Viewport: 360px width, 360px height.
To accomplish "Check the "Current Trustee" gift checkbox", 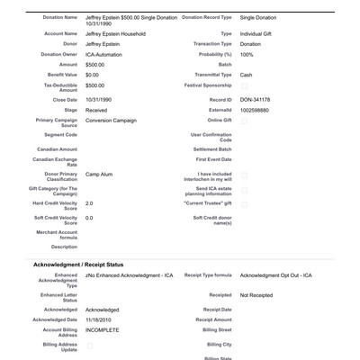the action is (x=244, y=203).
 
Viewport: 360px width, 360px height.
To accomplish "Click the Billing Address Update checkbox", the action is (x=89, y=346).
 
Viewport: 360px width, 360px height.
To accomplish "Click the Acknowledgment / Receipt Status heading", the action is (x=78, y=264).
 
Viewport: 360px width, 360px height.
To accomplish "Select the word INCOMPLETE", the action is (x=102, y=330).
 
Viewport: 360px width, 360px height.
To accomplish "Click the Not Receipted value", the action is (x=256, y=294).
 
